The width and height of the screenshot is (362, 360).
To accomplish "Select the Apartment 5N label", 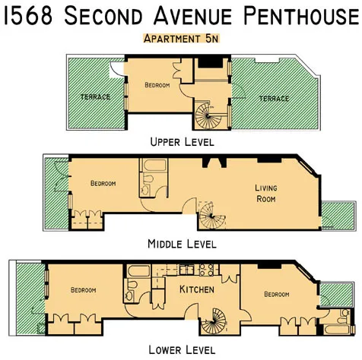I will point(181,38).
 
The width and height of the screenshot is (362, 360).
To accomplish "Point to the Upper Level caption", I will point(182,141).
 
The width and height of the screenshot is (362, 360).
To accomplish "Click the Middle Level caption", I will point(182,244).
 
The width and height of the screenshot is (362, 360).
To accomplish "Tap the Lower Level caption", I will point(182,350).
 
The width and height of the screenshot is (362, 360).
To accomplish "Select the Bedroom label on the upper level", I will point(157,86).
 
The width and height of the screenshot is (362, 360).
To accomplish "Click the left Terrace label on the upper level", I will point(95,97).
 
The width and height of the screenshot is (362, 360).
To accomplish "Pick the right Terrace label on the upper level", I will point(273,99).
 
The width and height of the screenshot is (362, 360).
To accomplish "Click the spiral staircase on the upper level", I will point(206,118).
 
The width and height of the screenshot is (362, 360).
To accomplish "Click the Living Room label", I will point(265,194).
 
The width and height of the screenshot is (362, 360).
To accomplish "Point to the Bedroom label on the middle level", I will point(103,184).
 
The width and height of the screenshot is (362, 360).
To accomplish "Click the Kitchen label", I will point(196,291).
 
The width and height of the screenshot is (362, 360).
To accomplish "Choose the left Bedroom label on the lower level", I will point(84,290).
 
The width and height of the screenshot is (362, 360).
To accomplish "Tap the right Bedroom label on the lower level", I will point(277,294).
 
